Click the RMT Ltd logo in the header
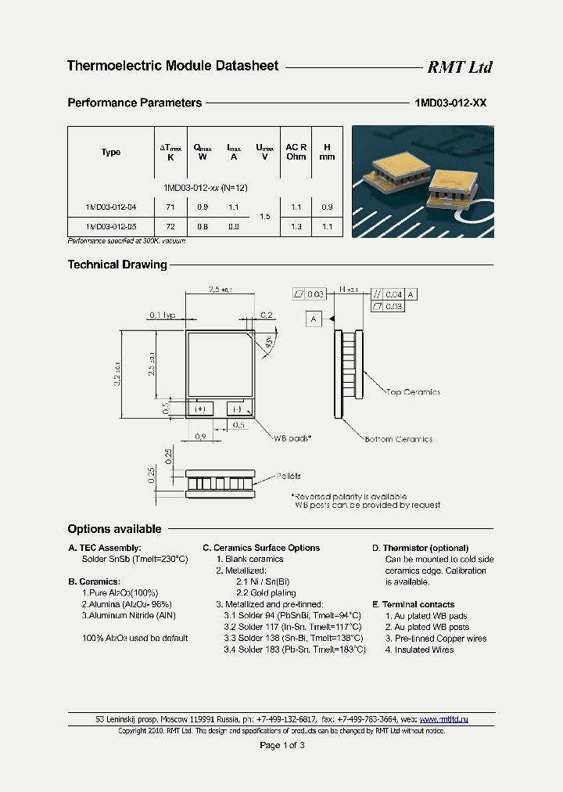(459, 67)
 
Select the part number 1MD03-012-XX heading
(450, 103)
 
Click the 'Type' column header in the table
(111, 152)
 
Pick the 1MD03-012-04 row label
(111, 207)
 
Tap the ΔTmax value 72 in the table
(170, 226)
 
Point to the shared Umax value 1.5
(264, 216)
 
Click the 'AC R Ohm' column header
(296, 152)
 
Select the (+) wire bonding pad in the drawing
(200, 409)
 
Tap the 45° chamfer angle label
(268, 342)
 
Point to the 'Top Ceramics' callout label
(414, 392)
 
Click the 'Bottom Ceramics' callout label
(398, 439)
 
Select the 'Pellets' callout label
(288, 476)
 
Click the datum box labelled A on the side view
(314, 319)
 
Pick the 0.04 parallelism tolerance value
(393, 294)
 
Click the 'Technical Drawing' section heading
(117, 265)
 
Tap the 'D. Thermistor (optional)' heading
(420, 548)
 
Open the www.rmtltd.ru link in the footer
(443, 718)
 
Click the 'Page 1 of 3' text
(281, 745)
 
